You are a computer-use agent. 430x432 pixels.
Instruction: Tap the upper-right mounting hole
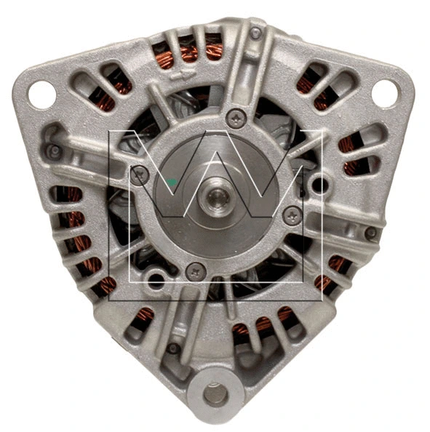pyautogui.click(x=385, y=93)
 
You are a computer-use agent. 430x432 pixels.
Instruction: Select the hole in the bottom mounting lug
pyautogui.click(x=214, y=394)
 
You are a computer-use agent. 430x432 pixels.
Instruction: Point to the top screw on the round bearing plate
pyautogui.click(x=235, y=118)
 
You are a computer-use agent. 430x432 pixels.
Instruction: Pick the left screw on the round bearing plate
pyautogui.click(x=140, y=174)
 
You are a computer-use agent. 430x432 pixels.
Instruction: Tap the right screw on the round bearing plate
pyautogui.click(x=292, y=214)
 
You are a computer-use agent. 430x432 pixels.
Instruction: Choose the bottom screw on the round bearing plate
pyautogui.click(x=195, y=271)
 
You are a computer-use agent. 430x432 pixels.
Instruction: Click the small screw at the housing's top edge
pyautogui.click(x=255, y=33)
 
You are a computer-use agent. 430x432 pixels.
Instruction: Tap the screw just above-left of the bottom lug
pyautogui.click(x=172, y=348)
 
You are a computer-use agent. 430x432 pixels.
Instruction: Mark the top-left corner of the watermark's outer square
pyautogui.click(x=110, y=132)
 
